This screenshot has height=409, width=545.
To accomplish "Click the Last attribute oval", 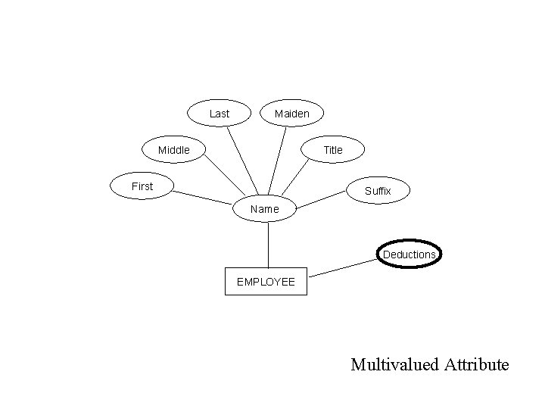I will coord(219,114).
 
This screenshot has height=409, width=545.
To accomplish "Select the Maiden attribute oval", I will coord(291,114).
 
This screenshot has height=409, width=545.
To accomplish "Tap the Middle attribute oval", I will coord(174,150).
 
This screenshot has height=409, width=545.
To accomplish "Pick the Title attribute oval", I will coord(333,150).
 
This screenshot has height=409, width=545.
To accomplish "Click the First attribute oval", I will coord(142,186).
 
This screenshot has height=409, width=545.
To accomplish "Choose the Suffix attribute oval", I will coord(378,191).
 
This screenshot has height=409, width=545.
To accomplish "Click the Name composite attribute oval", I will coord(264,208).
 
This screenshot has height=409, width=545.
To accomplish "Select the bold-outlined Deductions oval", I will coord(410,254).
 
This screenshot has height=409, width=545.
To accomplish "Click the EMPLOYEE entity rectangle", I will coord(266,281).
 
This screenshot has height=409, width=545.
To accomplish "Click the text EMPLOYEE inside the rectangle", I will coord(266,282).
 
